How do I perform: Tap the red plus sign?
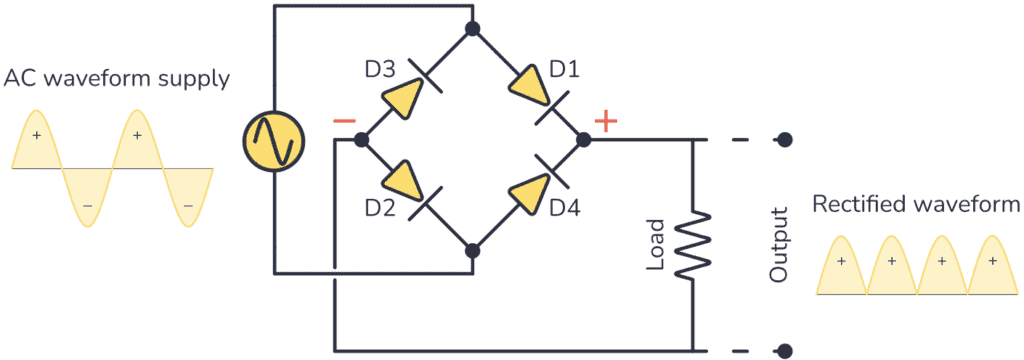606,121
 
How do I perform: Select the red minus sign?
343,121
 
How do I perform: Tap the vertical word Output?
779,243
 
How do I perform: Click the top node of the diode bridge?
472,28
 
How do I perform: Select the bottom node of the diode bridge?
472,249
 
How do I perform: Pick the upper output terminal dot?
786,139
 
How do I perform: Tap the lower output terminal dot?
786,351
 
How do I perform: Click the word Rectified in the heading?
858,204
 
